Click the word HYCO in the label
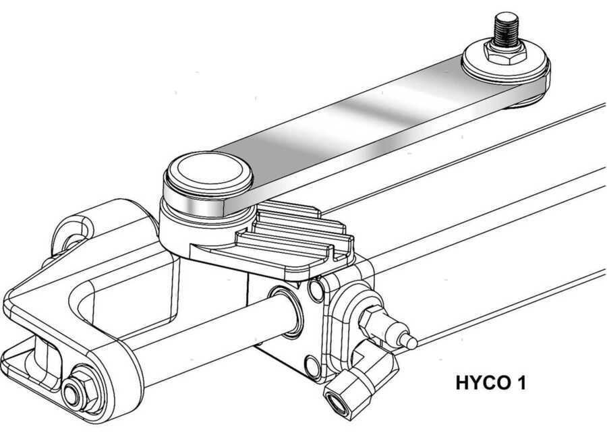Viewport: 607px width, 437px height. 484,382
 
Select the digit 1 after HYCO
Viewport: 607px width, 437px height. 521,382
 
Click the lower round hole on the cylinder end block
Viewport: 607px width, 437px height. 312,366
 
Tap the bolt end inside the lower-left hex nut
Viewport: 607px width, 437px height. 72,395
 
